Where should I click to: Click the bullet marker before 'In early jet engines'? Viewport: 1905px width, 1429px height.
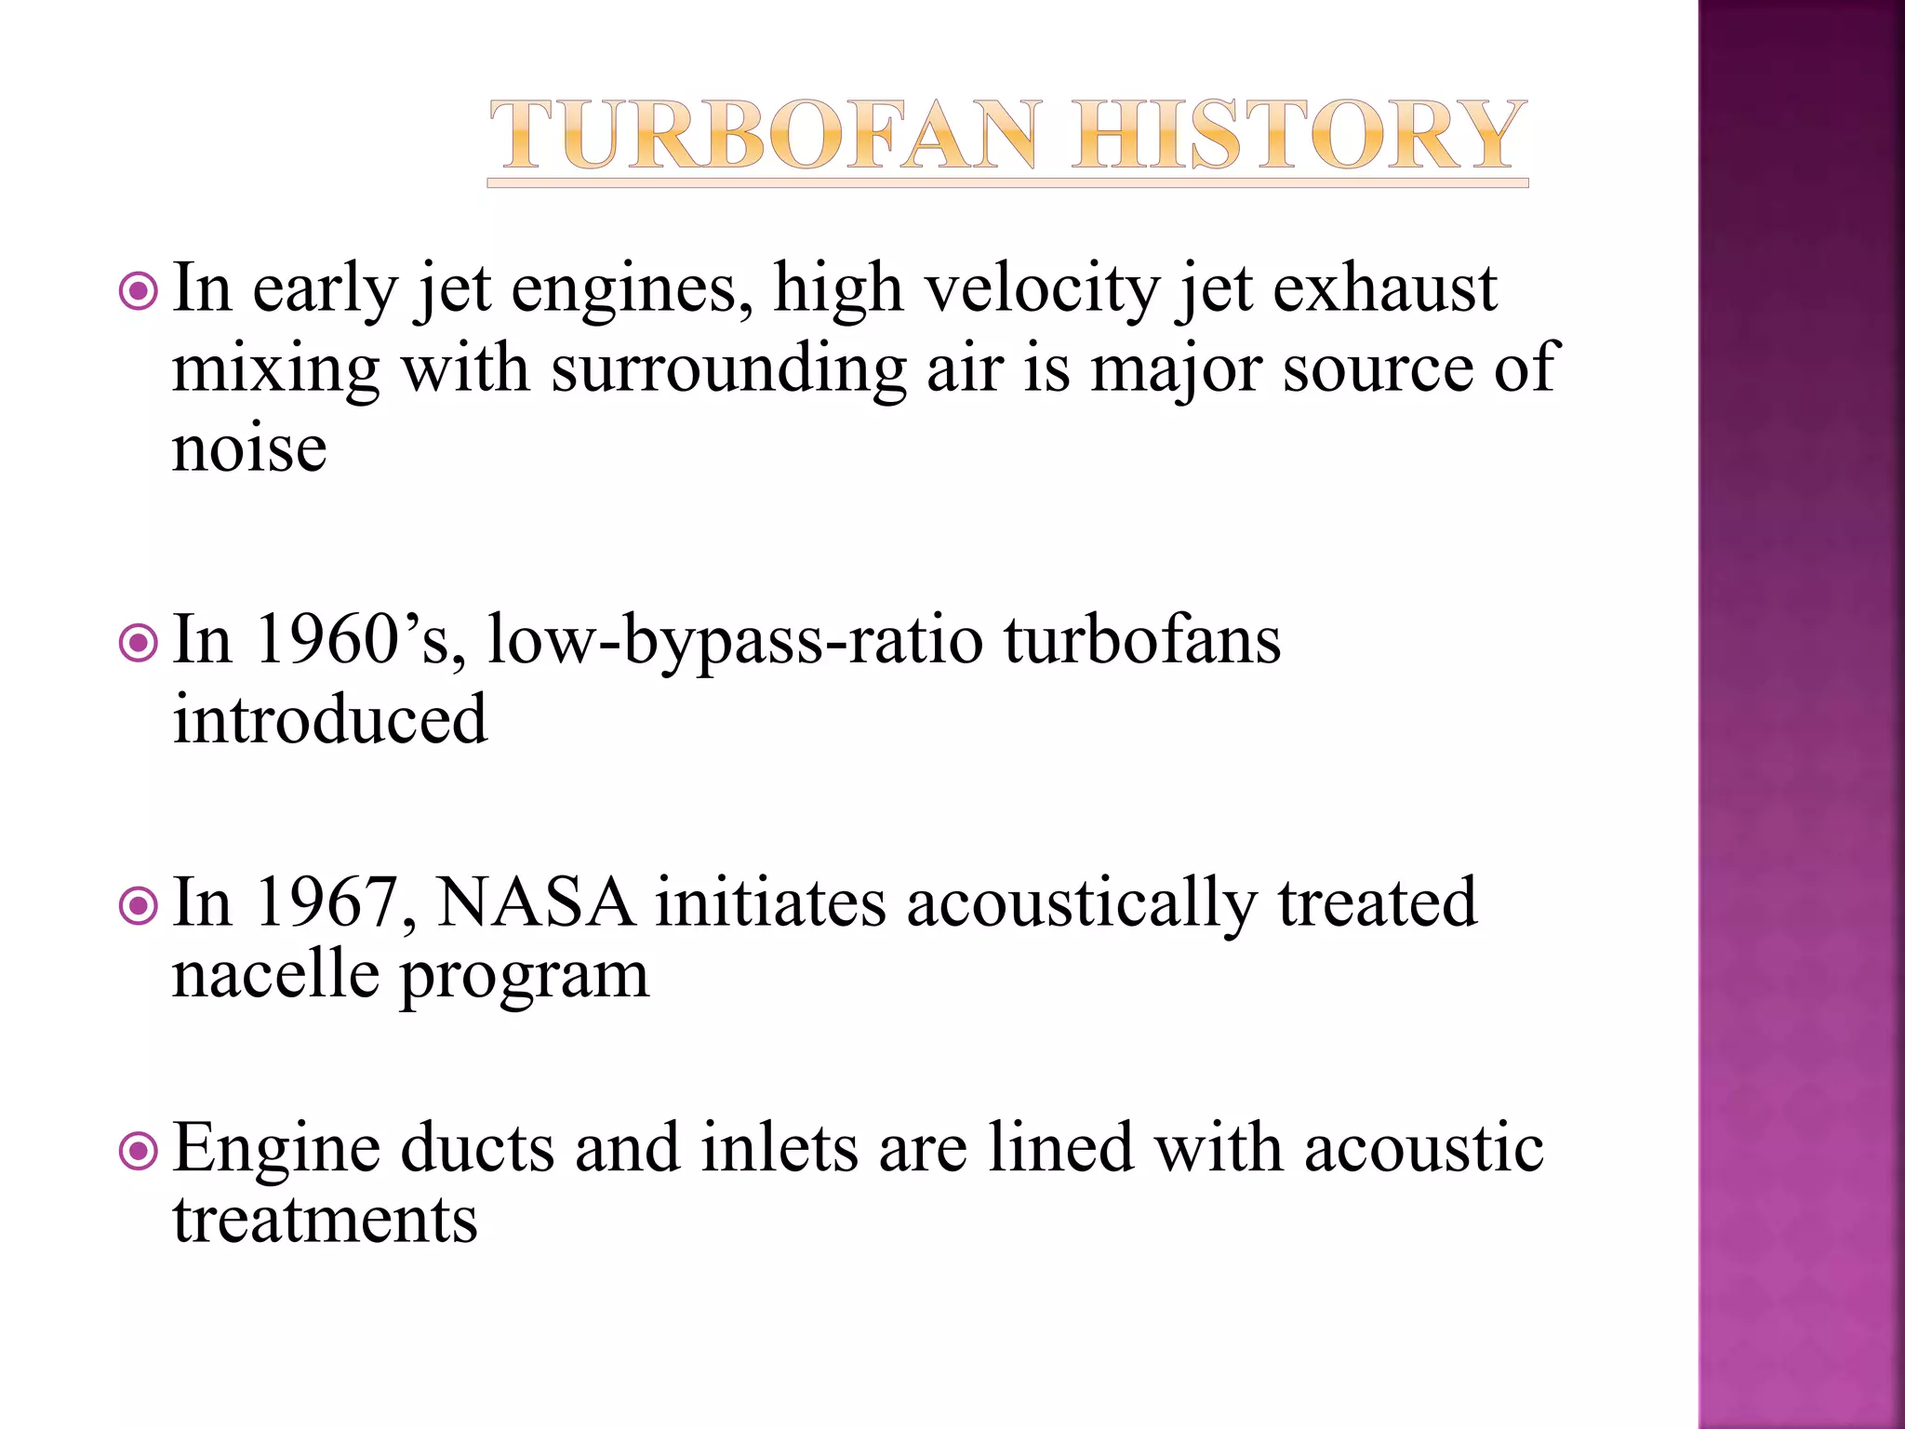[x=139, y=292]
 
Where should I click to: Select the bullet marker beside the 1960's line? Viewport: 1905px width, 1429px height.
[x=139, y=644]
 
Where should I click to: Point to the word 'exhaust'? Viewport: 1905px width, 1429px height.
[x=1384, y=288]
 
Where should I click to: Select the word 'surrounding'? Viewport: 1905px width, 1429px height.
[x=728, y=370]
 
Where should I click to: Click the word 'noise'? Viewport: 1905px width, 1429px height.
[x=249, y=448]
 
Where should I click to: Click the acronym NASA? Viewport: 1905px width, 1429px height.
[x=536, y=902]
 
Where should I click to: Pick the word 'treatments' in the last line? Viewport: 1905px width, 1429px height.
[x=325, y=1220]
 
